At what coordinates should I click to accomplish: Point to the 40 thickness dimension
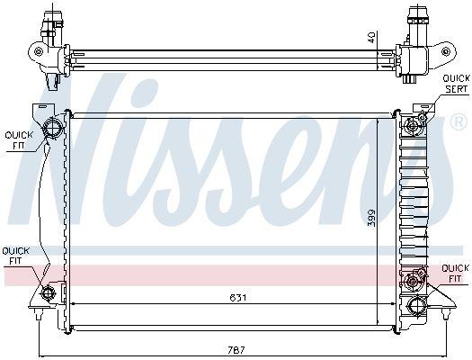tap(370, 37)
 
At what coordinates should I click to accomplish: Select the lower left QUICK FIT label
tap(16, 255)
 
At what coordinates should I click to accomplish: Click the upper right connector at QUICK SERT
tap(416, 121)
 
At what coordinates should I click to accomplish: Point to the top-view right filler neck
tap(418, 18)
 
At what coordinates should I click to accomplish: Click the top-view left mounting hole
tap(38, 52)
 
